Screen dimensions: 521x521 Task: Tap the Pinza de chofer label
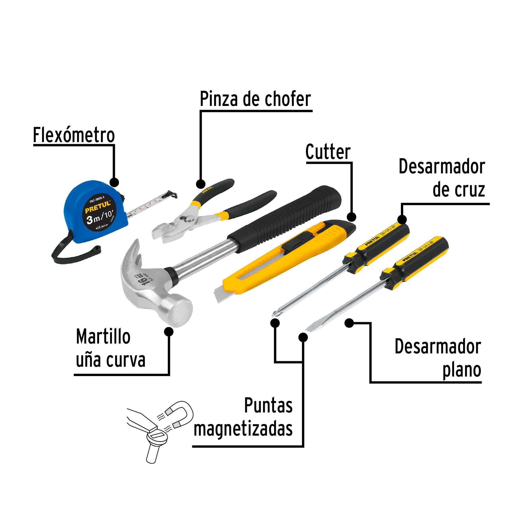[x=255, y=99]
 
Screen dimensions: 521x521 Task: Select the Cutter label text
[x=328, y=152]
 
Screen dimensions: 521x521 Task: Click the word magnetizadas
[x=243, y=429]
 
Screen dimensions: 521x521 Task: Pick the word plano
[x=462, y=370]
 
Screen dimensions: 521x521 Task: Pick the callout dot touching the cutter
[x=351, y=217]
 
